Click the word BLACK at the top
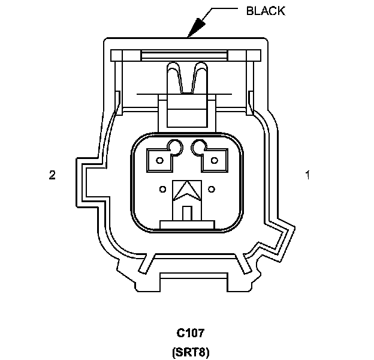click(266, 11)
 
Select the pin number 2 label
click(52, 175)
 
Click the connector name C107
click(192, 332)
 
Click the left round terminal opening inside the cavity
click(176, 146)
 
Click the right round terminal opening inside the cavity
click(199, 146)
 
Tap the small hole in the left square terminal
click(159, 160)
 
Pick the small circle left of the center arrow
click(162, 190)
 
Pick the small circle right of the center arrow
click(212, 190)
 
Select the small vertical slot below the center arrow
click(186, 213)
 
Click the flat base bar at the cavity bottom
click(186, 224)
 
